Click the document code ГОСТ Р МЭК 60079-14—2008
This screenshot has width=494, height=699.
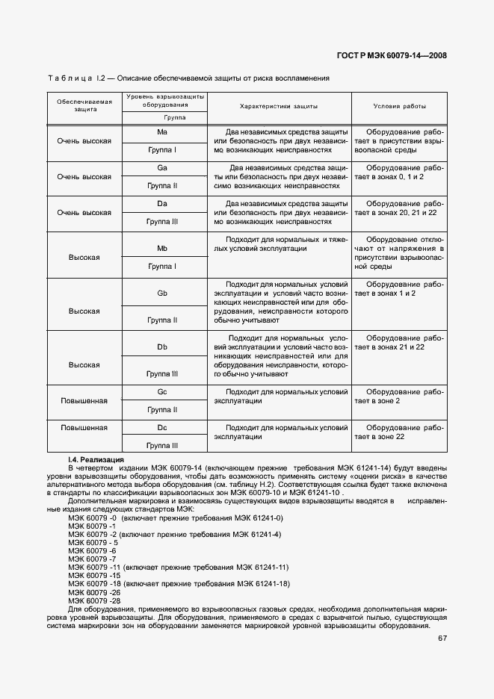point(392,55)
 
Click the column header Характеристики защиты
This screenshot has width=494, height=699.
point(279,106)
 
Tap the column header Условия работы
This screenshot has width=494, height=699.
point(399,106)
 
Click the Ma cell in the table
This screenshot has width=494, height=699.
point(161,132)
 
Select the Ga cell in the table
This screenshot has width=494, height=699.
point(161,167)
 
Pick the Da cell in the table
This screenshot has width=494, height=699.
point(161,203)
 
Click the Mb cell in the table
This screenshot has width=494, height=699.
point(161,247)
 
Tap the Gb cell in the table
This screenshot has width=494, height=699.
point(161,293)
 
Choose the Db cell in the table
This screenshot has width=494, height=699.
point(161,347)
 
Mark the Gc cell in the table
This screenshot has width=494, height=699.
point(161,392)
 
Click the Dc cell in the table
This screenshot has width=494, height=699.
point(161,428)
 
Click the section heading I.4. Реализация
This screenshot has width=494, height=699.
point(96,459)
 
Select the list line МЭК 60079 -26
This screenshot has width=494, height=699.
point(93,592)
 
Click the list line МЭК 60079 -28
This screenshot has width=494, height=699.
point(93,600)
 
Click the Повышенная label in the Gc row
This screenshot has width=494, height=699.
point(84,401)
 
